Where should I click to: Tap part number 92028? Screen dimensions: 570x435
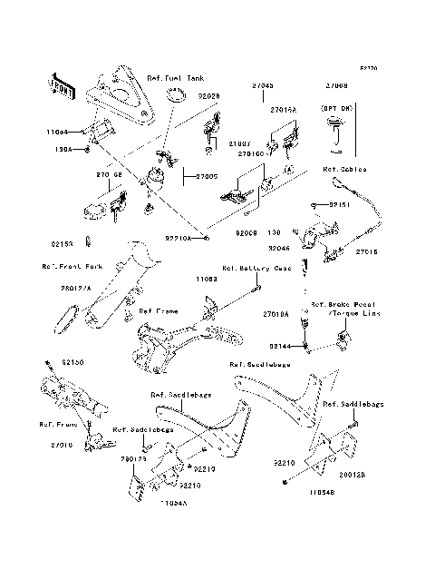tap(208, 94)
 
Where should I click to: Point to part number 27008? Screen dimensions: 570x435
tap(336, 85)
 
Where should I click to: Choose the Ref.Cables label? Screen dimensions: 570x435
tap(342, 169)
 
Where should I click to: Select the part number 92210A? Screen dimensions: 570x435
tap(178, 238)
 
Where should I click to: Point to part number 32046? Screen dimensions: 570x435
tap(278, 247)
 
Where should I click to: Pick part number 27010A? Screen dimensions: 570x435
tap(276, 314)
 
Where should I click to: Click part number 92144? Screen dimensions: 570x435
tap(279, 346)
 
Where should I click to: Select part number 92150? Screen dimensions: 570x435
tap(72, 362)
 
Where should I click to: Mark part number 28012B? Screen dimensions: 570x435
tap(353, 474)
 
